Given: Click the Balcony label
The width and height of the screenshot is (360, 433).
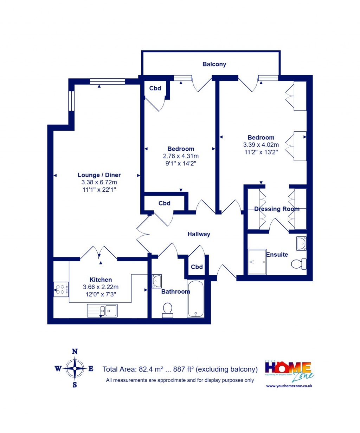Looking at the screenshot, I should [x=214, y=64].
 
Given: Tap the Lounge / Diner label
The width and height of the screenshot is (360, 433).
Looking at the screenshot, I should [x=99, y=175].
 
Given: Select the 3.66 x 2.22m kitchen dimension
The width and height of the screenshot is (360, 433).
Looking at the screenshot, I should [x=101, y=287].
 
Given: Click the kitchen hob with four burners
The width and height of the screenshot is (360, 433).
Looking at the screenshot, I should [x=61, y=289].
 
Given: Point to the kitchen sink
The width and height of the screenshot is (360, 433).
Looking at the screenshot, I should [x=102, y=310].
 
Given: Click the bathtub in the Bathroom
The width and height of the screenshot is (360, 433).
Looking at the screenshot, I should [x=195, y=299].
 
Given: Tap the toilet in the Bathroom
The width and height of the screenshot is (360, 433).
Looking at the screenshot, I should [x=168, y=310].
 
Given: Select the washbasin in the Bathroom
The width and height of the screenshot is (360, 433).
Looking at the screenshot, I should [x=157, y=281].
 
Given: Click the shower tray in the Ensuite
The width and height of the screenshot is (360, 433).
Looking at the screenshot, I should [x=257, y=262].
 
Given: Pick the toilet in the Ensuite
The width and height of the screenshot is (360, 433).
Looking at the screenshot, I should [x=298, y=264].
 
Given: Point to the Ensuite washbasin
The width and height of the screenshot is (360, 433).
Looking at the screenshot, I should [x=301, y=243].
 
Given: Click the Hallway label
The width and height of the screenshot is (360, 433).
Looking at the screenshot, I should [x=199, y=234].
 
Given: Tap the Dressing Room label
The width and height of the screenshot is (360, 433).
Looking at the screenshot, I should [x=277, y=209].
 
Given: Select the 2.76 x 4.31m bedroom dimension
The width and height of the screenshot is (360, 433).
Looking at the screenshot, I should [x=181, y=156].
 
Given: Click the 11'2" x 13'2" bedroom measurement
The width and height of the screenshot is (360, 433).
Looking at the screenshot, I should [x=261, y=152].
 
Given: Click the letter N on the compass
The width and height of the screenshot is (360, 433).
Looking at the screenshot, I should [x=75, y=352].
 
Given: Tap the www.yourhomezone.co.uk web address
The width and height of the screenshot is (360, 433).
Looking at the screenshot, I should [x=289, y=386].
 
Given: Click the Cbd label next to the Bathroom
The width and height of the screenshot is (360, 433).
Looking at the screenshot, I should [x=197, y=267].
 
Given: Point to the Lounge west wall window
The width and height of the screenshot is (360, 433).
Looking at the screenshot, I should [x=71, y=101].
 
